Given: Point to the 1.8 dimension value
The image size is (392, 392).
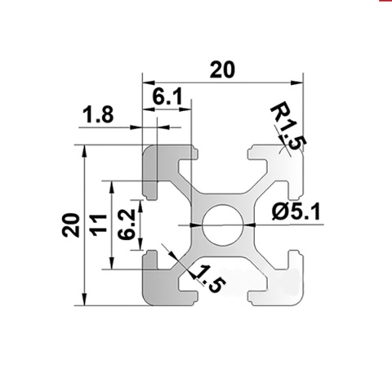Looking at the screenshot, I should pos(98,116).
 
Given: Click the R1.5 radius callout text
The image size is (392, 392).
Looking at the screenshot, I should pos(287,127).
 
